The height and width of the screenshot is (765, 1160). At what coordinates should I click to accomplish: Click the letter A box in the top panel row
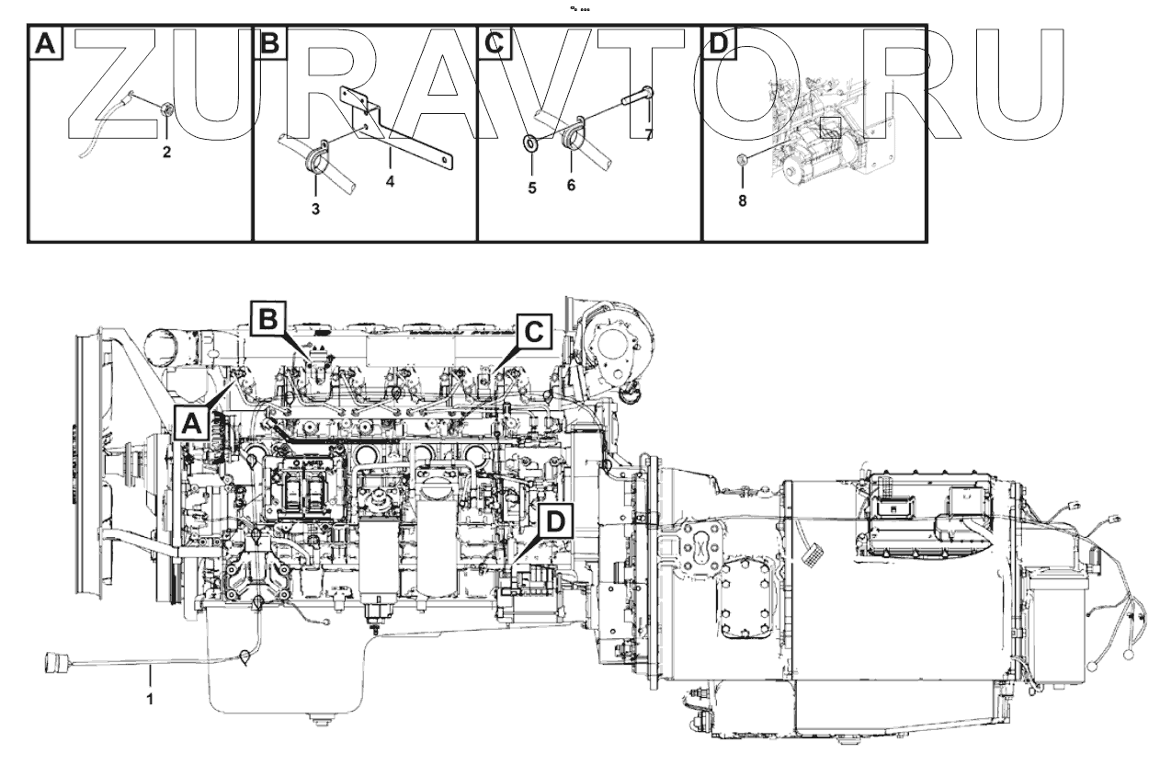46,44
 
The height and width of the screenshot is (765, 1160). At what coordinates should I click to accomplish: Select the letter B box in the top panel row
269,44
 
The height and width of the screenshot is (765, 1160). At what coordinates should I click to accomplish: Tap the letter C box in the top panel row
494,44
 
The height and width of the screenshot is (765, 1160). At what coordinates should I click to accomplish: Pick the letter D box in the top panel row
719,44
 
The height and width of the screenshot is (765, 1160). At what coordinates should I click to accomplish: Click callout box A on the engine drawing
191,424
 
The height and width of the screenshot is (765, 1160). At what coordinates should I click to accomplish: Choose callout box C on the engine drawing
535,331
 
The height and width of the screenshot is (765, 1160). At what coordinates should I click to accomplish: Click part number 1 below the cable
150,698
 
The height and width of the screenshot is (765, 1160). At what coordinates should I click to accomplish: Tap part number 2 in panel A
166,152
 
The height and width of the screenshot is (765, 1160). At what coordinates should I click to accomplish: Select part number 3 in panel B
315,210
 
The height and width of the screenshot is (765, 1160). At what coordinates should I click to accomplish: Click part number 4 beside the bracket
390,181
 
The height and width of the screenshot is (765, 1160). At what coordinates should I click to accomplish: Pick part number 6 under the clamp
571,185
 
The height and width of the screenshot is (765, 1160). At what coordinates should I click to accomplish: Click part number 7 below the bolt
648,135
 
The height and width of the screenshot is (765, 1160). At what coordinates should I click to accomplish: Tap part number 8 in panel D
742,199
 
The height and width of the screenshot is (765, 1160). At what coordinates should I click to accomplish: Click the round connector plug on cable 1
53,663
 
